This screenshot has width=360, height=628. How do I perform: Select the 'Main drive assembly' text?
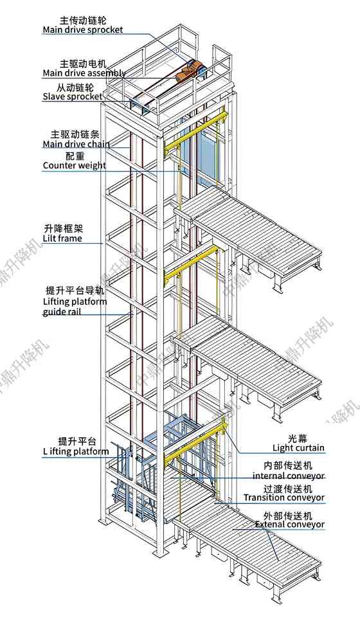[84, 73]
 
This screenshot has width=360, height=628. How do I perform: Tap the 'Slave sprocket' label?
[72, 96]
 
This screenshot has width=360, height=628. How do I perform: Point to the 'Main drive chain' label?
[76, 144]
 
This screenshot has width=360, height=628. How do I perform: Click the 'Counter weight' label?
[75, 166]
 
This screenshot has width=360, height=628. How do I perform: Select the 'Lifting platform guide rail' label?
[75, 307]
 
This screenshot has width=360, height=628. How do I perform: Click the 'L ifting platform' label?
[76, 452]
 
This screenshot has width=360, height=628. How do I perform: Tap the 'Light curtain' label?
[298, 447]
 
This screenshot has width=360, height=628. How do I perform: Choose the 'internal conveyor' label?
[289, 476]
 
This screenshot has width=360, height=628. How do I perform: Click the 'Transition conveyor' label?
[284, 498]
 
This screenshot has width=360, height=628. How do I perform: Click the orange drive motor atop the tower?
[190, 71]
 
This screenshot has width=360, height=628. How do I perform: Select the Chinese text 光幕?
[298, 436]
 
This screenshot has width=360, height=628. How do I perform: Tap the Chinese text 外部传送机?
[288, 515]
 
